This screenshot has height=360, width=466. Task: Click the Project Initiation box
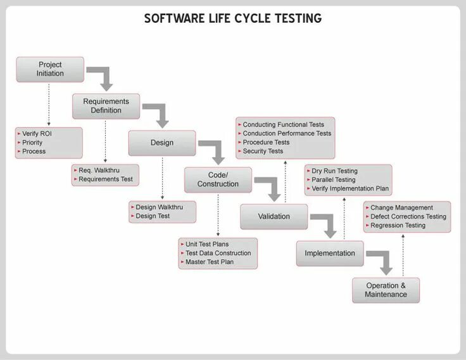coord(50,69)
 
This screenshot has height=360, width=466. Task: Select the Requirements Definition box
coord(106,106)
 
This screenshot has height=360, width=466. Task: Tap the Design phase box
coord(161,143)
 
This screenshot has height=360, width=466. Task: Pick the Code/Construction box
coord(218,179)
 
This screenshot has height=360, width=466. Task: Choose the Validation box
coord(274,216)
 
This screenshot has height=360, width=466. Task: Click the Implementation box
coord(330,254)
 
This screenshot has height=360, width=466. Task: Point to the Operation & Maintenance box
coord(386,290)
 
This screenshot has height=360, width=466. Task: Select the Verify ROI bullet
coord(37,134)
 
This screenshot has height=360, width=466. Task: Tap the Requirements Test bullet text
coord(106,179)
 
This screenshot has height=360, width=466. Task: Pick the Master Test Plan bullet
coord(210,262)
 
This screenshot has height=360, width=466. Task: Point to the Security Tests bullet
coord(263,151)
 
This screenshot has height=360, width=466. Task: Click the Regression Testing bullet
coord(398,226)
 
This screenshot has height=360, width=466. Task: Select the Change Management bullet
coord(401,207)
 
